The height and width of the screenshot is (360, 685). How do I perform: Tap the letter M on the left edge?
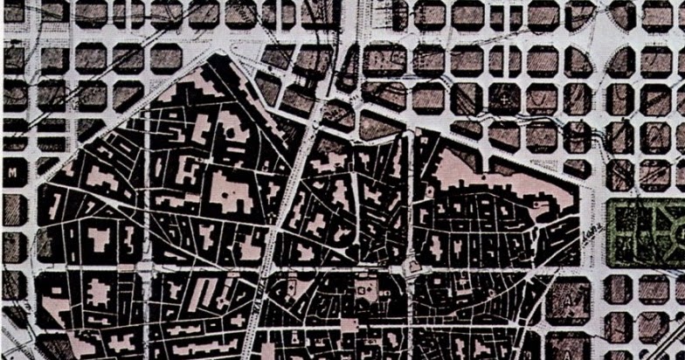point(12,173)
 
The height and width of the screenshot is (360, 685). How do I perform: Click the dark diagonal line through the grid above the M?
point(52,96)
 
